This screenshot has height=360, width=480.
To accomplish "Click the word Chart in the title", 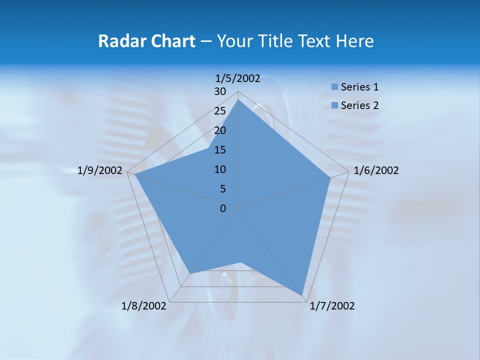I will [169, 41].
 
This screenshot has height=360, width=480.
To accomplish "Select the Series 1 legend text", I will [359, 87].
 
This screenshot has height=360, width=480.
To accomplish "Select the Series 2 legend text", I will [359, 105].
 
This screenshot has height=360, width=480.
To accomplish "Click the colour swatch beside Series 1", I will [334, 87].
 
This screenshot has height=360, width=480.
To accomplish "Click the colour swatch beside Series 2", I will [334, 105].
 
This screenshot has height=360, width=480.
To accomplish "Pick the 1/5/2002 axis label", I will [238, 78].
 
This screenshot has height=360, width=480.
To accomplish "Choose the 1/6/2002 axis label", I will [376, 171].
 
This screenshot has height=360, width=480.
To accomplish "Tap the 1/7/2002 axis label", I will [332, 306].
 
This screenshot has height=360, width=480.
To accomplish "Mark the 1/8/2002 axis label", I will [144, 306].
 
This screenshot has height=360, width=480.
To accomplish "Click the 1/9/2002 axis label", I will [100, 171].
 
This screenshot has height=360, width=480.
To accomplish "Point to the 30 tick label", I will [220, 91].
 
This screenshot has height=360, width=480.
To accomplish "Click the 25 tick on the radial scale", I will [220, 111].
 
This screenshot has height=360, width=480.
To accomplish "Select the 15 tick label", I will [220, 150].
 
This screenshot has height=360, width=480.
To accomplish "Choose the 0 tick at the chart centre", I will [223, 208].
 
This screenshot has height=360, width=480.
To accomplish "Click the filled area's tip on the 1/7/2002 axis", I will [302, 295].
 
